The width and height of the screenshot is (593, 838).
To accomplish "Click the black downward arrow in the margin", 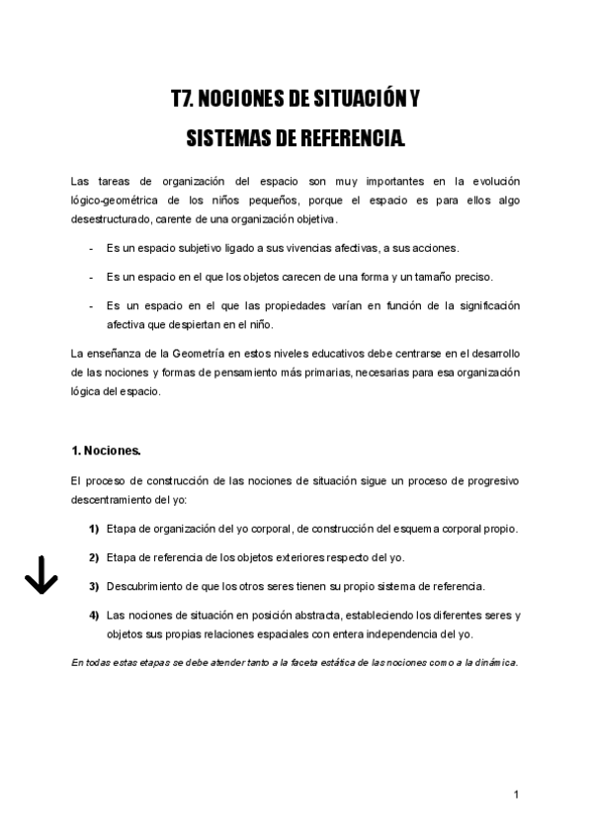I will pos(40,574).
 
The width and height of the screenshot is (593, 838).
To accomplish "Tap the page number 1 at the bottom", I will pos(516,794).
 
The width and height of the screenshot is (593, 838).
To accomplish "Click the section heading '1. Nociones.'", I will pos(107,450).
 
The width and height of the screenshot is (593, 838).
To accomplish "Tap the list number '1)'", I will pos(94,529).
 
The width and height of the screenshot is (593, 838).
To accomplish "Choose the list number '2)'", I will pos(94,557).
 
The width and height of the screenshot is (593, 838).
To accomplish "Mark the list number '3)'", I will pos(94,586).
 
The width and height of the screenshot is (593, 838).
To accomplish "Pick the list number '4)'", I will pos(94,615).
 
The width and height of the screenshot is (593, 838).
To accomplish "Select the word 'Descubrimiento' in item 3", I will pos(145,586).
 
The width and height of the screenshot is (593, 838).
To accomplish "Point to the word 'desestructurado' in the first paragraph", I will pos(112,218).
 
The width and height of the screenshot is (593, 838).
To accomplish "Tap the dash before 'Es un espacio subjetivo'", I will pos(91,247).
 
